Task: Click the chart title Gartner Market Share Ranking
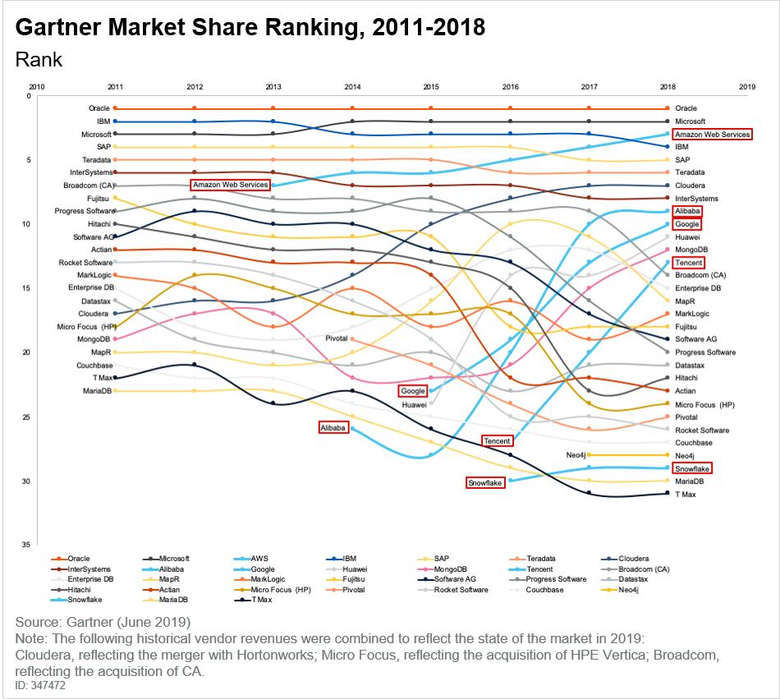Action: pyautogui.click(x=250, y=28)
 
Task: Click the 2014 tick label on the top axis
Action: pyautogui.click(x=352, y=86)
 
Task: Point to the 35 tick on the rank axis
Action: pyautogui.click(x=27, y=545)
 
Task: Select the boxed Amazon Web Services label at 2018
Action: pyautogui.click(x=711, y=134)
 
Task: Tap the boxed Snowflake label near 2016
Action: pyautogui.click(x=484, y=483)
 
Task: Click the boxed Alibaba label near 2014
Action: pyautogui.click(x=333, y=427)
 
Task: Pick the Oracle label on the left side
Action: pyautogui.click(x=99, y=108)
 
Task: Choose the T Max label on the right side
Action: pyautogui.click(x=686, y=494)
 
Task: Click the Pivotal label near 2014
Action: pyautogui.click(x=337, y=338)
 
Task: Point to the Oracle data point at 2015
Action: pyautogui.click(x=431, y=108)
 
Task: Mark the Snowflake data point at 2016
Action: pyautogui.click(x=511, y=480)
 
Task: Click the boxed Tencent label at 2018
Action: pyautogui.click(x=687, y=263)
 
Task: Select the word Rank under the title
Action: pyautogui.click(x=38, y=60)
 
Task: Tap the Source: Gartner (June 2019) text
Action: pyautogui.click(x=103, y=620)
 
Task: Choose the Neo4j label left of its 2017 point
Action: pyautogui.click(x=580, y=455)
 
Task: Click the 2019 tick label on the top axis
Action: pyautogui.click(x=747, y=86)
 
